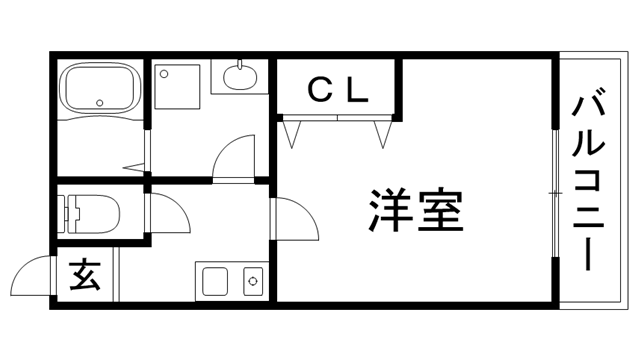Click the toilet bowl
(x=99, y=212)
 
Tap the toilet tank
(x=69, y=212)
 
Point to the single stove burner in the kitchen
(x=252, y=282)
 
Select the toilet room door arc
(x=168, y=212)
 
